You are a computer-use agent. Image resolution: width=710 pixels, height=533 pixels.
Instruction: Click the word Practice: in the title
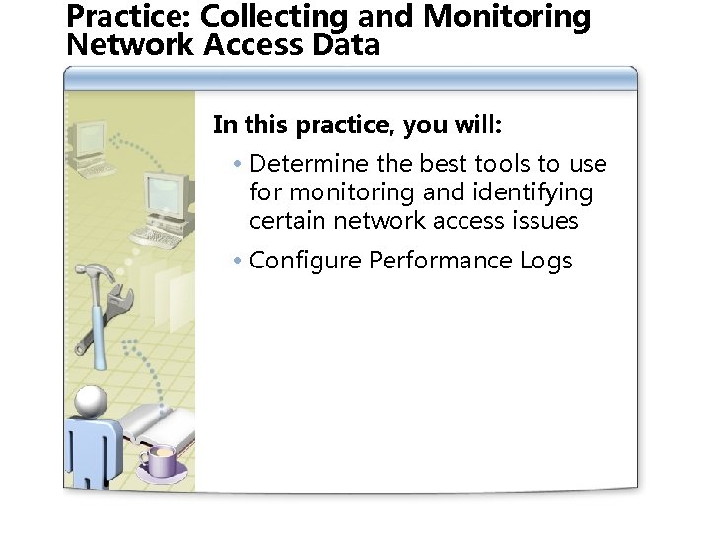click(129, 17)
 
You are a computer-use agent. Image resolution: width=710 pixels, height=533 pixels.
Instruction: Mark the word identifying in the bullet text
click(538, 191)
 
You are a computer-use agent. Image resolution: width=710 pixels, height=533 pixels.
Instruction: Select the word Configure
click(306, 261)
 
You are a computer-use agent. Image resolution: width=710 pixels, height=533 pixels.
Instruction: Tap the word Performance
click(441, 261)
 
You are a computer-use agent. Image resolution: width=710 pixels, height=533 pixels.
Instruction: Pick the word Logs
click(545, 261)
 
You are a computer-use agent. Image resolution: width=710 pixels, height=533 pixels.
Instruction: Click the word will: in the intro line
click(475, 125)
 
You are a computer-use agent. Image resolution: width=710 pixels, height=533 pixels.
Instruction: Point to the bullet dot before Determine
click(239, 165)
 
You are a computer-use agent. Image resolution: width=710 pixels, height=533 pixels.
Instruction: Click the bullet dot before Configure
click(239, 262)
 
